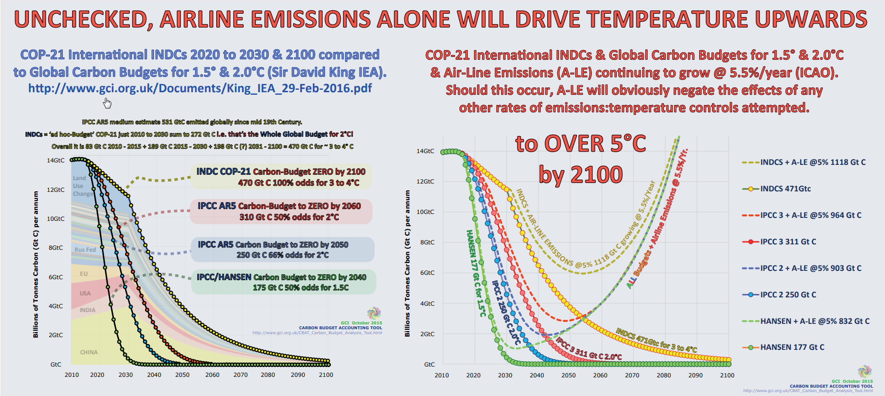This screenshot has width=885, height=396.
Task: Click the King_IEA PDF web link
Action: coord(200,88)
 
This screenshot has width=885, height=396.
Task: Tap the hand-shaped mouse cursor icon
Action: coord(107,103)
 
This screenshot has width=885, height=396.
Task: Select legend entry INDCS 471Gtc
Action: coord(785,188)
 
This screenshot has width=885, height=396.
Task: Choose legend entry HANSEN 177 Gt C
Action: coord(792,347)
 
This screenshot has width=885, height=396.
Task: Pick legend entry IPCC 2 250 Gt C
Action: coord(788,294)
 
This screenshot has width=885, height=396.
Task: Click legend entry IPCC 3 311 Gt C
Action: coord(788,241)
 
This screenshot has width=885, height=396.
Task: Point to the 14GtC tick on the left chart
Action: coord(55,160)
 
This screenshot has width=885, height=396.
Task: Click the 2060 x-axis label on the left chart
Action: coord(212,375)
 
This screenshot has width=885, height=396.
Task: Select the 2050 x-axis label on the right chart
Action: coord(569,375)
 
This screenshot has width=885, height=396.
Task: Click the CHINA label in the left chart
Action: coord(89,352)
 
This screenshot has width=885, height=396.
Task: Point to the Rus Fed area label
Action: coord(85,250)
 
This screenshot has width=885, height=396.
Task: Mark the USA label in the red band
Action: coord(85,293)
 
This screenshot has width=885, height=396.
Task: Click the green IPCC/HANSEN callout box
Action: coord(283,282)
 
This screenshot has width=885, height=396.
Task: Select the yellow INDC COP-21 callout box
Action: coord(281,177)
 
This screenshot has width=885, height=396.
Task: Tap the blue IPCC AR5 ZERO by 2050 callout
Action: coord(282,249)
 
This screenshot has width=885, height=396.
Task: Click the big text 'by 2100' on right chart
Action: coord(581,175)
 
